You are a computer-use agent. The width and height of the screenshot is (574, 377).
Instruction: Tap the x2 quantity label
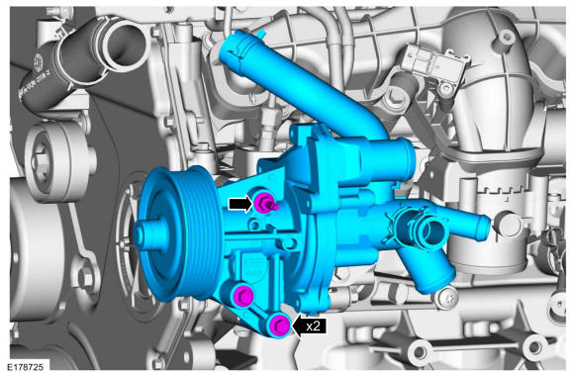tap(313, 326)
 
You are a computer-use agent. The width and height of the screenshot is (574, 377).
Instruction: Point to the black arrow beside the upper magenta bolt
tap(240, 204)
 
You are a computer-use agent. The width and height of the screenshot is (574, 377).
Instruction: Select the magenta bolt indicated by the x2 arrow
tap(279, 325)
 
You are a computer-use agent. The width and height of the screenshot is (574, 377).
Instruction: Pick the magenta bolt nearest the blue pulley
tap(242, 294)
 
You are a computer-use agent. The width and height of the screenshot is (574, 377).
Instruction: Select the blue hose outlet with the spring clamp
tap(426, 229)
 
